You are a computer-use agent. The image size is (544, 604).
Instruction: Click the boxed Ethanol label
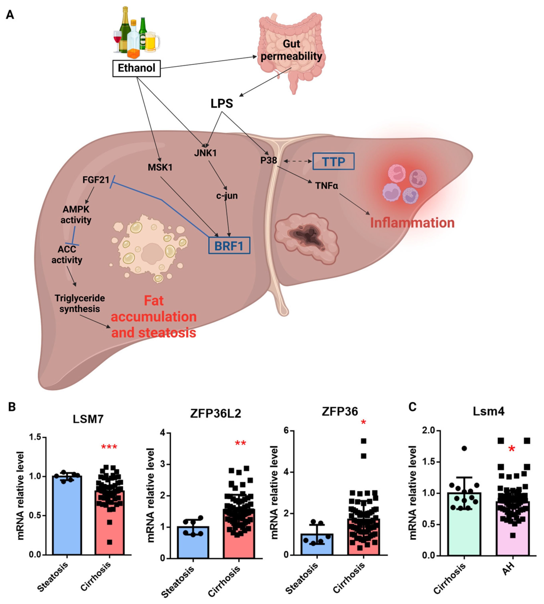(x=136, y=68)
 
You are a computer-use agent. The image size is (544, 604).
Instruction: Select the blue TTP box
(x=333, y=162)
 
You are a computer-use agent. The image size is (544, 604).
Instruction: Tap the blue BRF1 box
(x=229, y=246)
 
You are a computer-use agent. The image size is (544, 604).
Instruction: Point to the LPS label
(x=222, y=103)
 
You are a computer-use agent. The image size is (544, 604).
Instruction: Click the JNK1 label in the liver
(x=205, y=153)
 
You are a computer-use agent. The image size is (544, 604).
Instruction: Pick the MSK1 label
(x=160, y=167)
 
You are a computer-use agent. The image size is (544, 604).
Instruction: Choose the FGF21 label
(x=96, y=180)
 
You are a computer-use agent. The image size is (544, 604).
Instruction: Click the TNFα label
(x=326, y=186)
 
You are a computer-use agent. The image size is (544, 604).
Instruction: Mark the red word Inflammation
(x=412, y=223)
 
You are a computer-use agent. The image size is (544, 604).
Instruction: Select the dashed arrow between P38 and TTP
(x=298, y=161)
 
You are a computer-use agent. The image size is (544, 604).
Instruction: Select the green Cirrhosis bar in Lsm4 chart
(x=464, y=523)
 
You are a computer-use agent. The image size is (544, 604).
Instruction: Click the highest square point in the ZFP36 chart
(x=363, y=441)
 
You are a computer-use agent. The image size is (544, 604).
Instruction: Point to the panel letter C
(x=412, y=407)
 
